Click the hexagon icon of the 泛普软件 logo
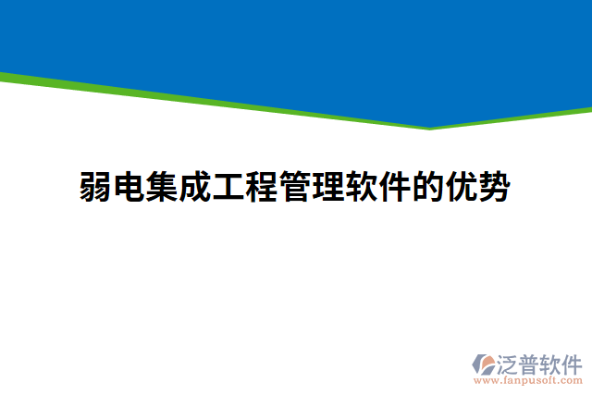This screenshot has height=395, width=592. point(484,364)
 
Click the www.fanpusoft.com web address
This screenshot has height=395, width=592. point(528,379)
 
